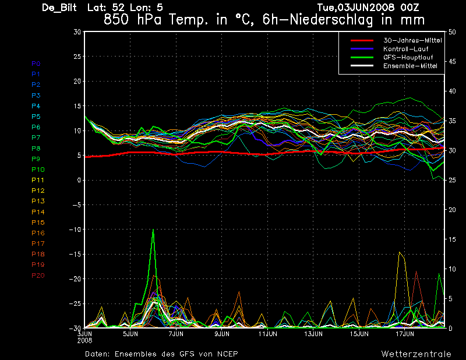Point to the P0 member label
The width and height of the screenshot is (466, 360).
click(36, 63)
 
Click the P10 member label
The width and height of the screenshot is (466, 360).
click(38, 170)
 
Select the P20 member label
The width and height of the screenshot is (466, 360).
click(38, 275)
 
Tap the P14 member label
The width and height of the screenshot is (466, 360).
click(38, 211)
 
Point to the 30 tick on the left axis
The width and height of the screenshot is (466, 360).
click(77, 32)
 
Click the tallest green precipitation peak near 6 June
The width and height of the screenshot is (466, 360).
click(153, 230)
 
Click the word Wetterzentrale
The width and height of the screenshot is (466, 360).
click(416, 354)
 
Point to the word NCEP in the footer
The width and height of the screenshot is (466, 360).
click(225, 354)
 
